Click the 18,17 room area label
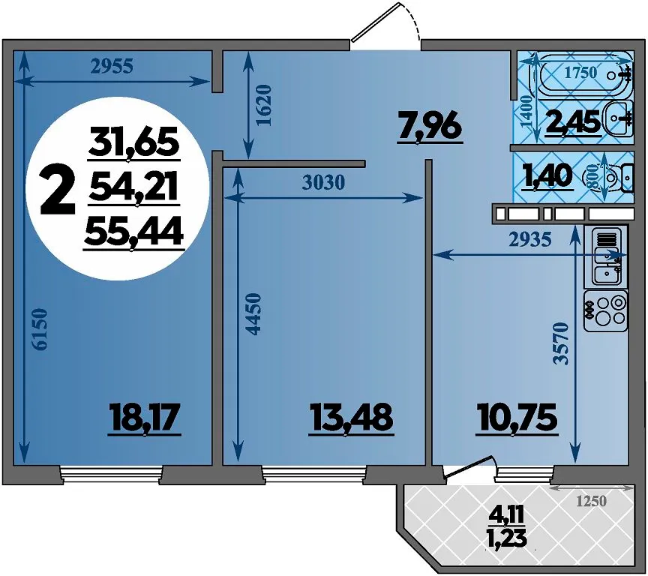click(144, 418)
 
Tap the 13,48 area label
click(351, 418)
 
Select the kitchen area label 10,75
click(517, 418)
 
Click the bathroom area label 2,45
click(573, 123)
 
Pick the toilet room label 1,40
click(548, 177)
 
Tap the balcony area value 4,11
click(507, 515)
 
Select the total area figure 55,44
click(133, 234)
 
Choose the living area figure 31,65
click(134, 143)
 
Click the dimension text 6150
click(41, 330)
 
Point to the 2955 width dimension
click(112, 67)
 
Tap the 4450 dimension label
click(253, 314)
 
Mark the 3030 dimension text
click(323, 182)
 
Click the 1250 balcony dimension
click(592, 501)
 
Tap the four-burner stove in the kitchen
click(605, 310)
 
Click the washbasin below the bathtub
click(618, 118)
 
